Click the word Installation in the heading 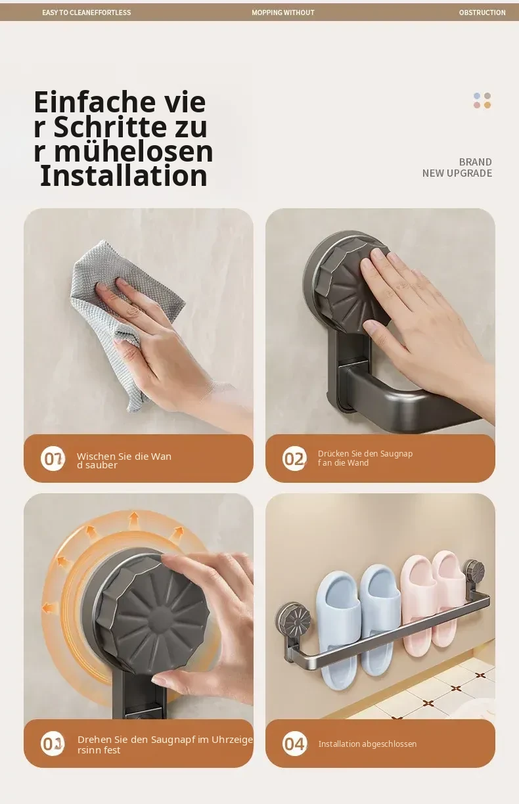click(124, 176)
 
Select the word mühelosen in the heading click(134, 151)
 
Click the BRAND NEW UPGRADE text click(457, 167)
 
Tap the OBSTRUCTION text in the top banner click(482, 12)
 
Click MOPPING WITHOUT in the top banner click(283, 12)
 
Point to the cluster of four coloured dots click(482, 100)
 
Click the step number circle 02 click(294, 458)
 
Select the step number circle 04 click(294, 744)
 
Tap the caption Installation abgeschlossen click(367, 744)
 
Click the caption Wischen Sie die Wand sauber click(124, 460)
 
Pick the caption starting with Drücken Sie click(365, 458)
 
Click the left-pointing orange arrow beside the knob click(49, 608)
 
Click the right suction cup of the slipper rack click(475, 571)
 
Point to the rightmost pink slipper click(448, 598)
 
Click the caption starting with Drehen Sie click(165, 744)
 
